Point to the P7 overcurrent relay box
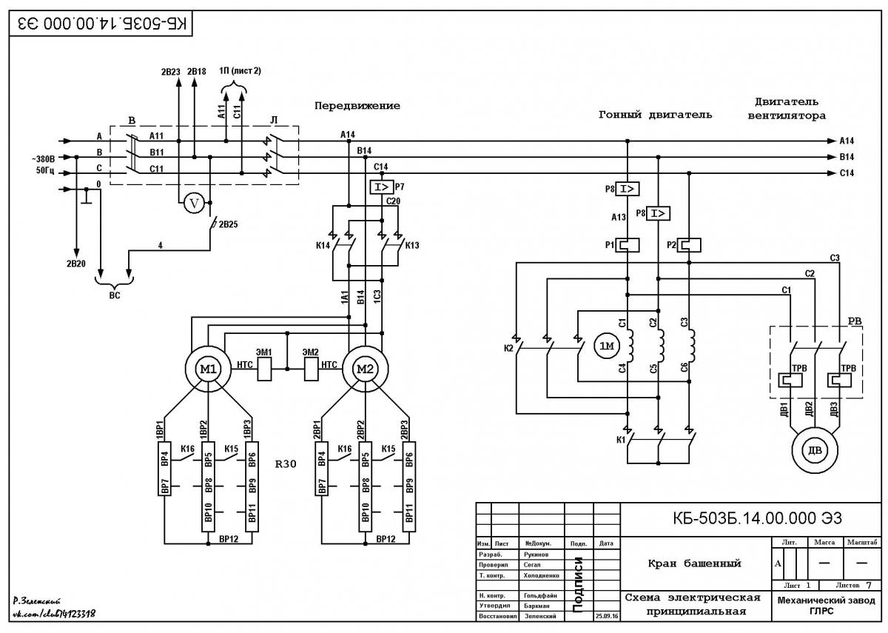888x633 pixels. [382, 187]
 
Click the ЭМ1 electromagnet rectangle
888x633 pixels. [264, 369]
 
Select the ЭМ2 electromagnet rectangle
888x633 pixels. [312, 369]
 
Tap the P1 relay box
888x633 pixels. [628, 245]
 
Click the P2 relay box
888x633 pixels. [689, 245]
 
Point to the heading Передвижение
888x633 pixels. [357, 106]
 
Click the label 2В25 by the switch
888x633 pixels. [229, 224]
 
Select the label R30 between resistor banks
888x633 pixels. [286, 464]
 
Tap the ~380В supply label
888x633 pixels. [43, 159]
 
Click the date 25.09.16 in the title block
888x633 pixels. [607, 616]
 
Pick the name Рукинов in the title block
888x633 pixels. [536, 555]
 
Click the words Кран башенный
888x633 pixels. [695, 563]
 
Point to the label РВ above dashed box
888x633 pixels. [855, 321]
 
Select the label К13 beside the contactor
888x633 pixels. [412, 246]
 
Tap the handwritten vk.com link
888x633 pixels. [54, 614]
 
